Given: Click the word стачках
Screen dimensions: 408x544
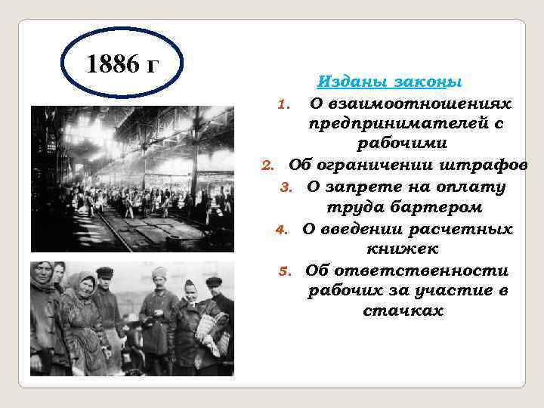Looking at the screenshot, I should (x=403, y=311).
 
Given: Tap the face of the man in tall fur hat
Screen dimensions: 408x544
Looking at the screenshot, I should (x=159, y=281).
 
